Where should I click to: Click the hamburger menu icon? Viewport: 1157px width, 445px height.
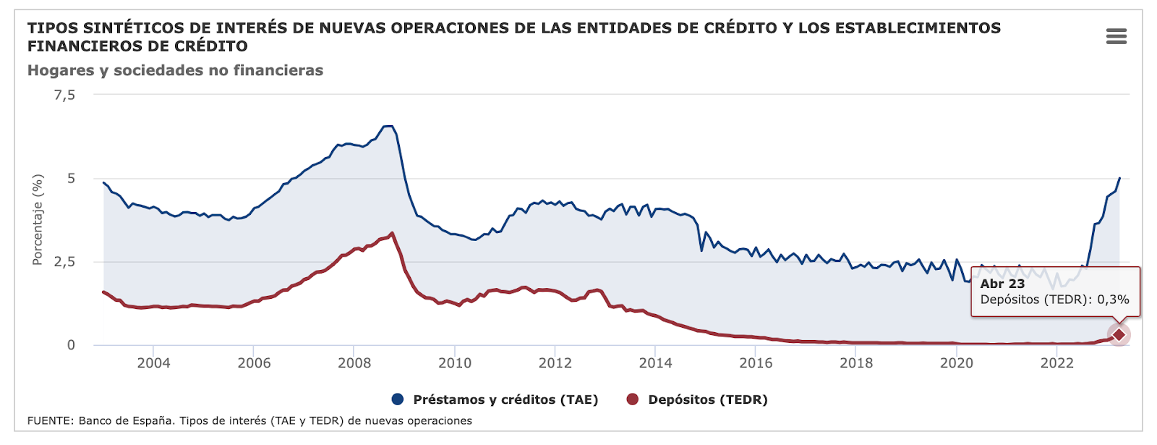click(1116, 36)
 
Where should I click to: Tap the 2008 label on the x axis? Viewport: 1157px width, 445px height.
click(354, 363)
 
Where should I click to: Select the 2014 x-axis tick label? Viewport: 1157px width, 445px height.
click(655, 363)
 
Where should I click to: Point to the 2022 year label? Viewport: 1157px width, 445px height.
click(1056, 363)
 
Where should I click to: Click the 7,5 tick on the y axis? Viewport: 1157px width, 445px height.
click(64, 95)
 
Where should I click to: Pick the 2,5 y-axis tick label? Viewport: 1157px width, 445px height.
click(64, 261)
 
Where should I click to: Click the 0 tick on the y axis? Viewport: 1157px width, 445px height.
click(71, 345)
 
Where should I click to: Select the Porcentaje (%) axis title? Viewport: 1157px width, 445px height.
click(38, 219)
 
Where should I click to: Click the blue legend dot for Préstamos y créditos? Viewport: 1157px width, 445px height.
click(397, 399)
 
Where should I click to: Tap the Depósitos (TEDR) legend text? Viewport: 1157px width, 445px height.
click(707, 399)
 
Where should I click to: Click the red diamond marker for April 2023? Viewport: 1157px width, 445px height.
click(1119, 335)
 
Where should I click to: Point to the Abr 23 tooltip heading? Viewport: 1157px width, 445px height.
click(1002, 284)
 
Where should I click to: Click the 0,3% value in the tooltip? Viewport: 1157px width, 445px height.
click(1113, 300)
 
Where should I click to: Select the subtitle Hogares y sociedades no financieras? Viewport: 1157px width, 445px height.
click(175, 70)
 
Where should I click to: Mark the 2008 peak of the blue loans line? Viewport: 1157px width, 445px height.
click(388, 127)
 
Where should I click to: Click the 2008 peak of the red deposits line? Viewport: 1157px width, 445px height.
click(392, 233)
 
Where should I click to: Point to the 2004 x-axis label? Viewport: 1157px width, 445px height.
click(153, 363)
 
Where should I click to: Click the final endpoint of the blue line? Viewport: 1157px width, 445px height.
click(1119, 178)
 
